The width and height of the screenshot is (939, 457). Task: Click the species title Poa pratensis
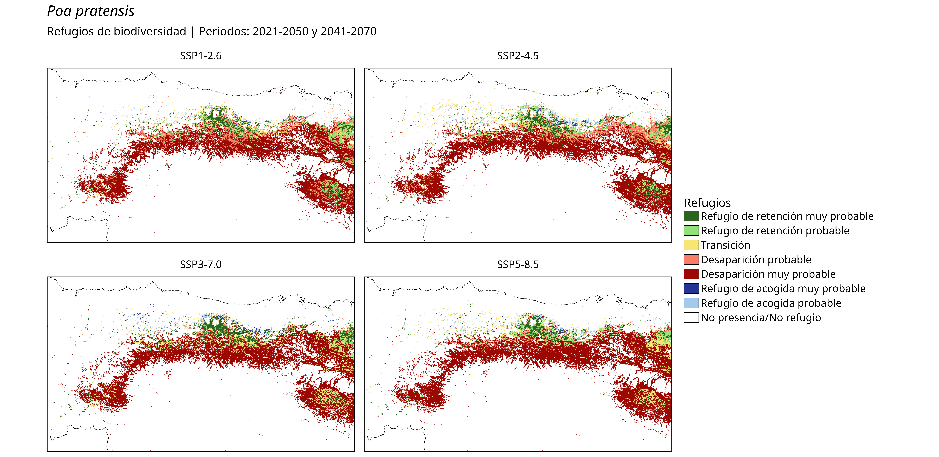click(x=91, y=11)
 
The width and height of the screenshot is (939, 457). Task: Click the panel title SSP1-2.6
click(x=201, y=56)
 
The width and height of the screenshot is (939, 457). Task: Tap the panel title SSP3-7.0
click(x=201, y=264)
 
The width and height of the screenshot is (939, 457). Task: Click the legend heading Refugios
click(x=707, y=203)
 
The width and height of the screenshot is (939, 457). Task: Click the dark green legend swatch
click(x=691, y=216)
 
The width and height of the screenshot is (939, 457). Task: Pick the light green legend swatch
click(x=691, y=230)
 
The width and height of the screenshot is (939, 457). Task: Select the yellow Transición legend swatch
click(x=691, y=245)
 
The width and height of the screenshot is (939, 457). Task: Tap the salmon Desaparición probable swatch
click(x=691, y=260)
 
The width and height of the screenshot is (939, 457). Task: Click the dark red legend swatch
click(x=691, y=274)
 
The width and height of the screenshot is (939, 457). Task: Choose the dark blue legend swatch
click(x=691, y=289)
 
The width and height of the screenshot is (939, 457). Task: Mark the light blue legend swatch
click(x=691, y=303)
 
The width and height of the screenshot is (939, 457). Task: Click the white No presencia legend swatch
click(x=691, y=317)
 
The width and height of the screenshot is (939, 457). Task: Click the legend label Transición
click(x=725, y=245)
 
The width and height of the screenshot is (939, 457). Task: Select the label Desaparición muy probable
click(x=768, y=274)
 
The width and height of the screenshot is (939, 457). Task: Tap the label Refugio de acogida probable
click(x=771, y=303)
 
